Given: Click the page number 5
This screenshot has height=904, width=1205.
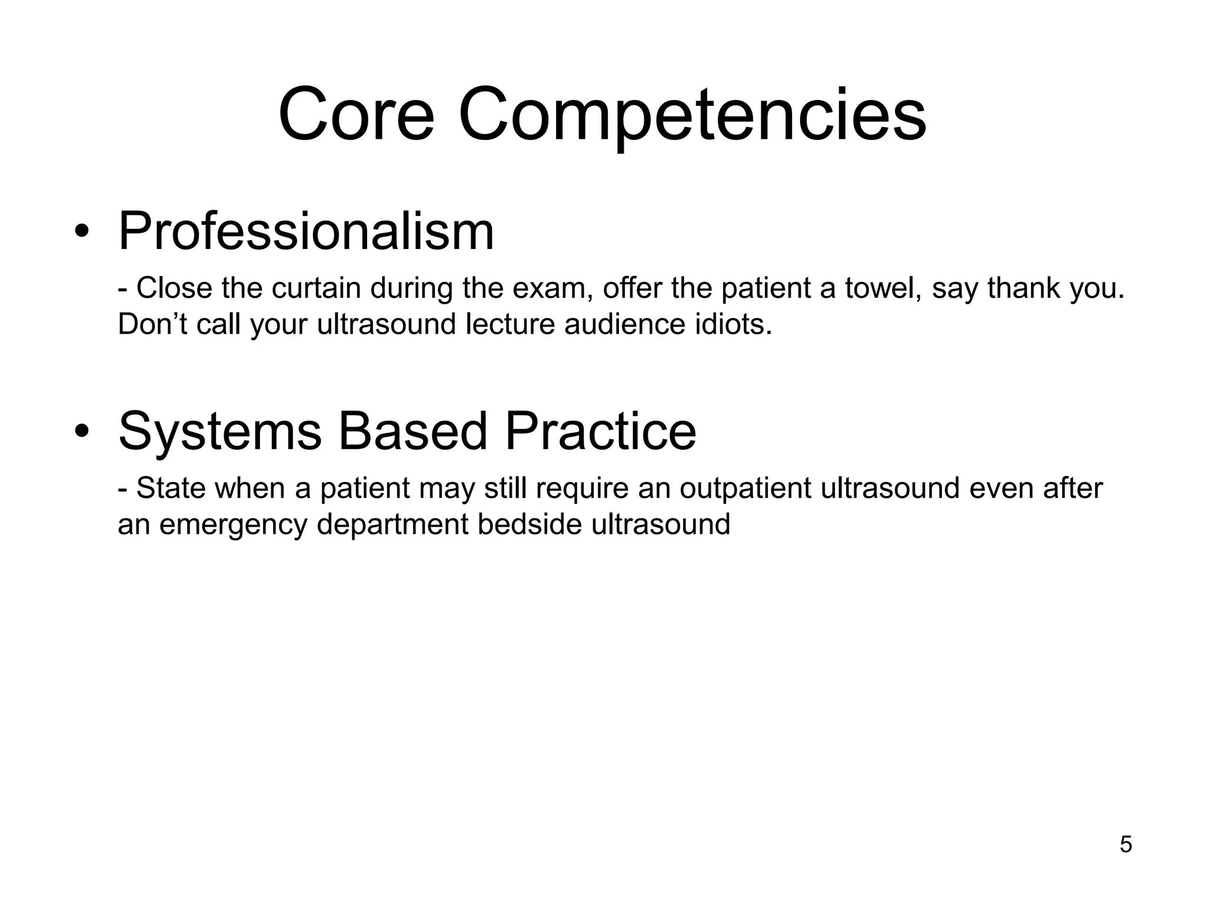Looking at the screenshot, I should tap(1126, 845).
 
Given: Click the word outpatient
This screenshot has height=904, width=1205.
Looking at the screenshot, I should tap(745, 488).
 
